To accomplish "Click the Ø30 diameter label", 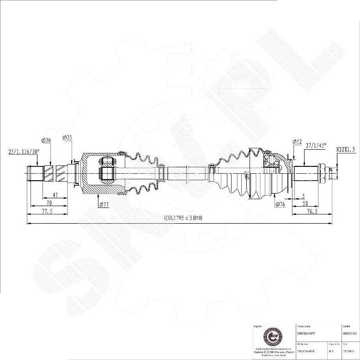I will click(46, 140).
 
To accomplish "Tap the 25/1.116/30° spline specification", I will click(24, 151).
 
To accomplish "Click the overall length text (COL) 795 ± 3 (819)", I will click(183, 218).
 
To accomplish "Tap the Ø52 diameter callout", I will click(297, 141).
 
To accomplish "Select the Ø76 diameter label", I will click(280, 204).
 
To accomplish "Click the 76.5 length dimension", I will click(311, 211).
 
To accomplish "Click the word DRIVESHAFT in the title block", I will click(306, 333).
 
